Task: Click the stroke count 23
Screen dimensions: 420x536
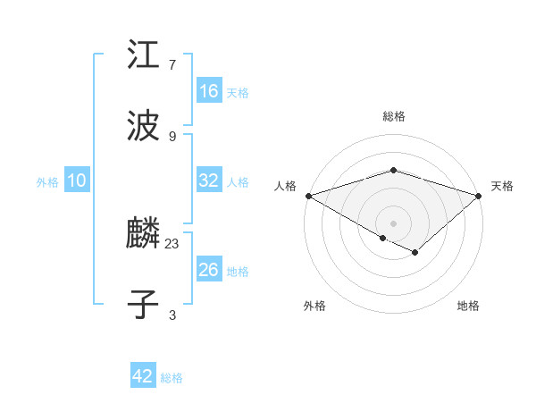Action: click(x=172, y=243)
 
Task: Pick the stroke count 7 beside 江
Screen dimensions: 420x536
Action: click(x=172, y=64)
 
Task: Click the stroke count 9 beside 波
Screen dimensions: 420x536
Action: click(x=172, y=136)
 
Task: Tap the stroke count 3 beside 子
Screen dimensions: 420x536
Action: click(x=172, y=315)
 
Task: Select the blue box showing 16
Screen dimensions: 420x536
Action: click(x=209, y=91)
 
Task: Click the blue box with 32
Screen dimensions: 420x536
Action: click(x=209, y=181)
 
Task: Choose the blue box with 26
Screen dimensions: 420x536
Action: click(x=209, y=270)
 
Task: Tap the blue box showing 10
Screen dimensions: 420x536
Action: click(x=77, y=181)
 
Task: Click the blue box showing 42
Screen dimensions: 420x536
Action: click(x=143, y=376)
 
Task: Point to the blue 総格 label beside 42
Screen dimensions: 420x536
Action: click(x=172, y=378)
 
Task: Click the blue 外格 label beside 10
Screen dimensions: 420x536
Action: click(x=47, y=182)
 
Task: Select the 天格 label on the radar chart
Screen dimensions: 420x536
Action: click(x=503, y=186)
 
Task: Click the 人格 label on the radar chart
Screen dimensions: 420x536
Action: click(x=285, y=186)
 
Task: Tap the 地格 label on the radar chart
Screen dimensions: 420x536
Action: click(x=468, y=307)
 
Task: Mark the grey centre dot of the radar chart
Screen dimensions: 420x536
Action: click(x=393, y=223)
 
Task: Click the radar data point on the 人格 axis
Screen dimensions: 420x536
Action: click(x=308, y=195)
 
